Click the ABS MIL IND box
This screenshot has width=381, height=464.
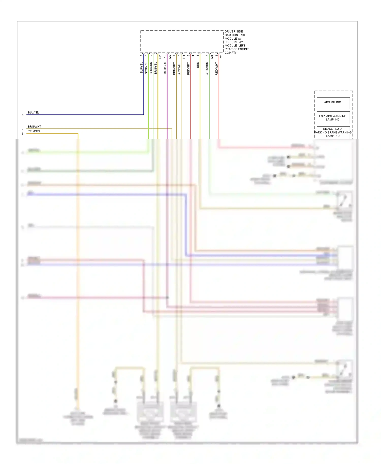click(333, 104)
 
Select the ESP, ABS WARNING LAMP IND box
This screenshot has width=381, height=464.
click(333, 118)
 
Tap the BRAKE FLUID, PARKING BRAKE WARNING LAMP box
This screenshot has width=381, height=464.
click(333, 132)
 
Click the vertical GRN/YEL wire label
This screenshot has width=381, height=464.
click(146, 68)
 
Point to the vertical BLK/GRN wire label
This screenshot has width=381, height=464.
click(151, 68)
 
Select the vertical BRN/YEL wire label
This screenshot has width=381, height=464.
click(156, 68)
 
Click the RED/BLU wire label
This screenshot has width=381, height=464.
click(165, 68)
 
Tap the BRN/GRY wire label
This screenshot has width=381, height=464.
click(174, 68)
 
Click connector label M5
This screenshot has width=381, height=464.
click(160, 57)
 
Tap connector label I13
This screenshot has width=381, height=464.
click(184, 57)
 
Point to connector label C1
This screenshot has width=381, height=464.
click(221, 56)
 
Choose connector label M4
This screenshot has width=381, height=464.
click(212, 57)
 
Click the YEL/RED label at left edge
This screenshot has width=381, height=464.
click(34, 131)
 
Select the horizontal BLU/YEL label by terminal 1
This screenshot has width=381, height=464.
click(34, 112)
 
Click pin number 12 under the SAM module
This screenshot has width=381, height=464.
click(165, 56)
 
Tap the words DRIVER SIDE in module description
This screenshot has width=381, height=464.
click(234, 31)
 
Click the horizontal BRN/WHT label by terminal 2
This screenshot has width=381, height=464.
click(34, 126)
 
